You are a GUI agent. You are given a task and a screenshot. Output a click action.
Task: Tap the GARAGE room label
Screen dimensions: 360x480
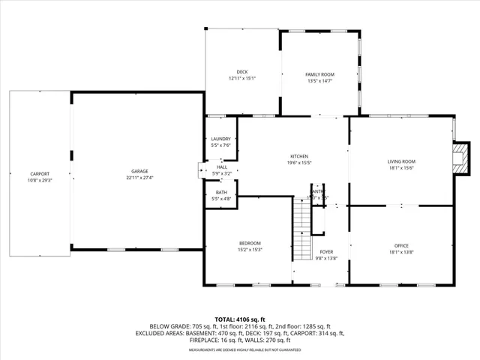139,172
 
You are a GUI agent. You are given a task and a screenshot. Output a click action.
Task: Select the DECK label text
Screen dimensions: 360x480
242,72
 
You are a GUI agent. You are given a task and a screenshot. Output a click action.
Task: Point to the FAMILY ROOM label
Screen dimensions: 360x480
319,74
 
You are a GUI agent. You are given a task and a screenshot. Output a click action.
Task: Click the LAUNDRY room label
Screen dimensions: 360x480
220,139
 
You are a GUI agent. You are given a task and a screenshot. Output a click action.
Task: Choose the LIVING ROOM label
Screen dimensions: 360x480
401,161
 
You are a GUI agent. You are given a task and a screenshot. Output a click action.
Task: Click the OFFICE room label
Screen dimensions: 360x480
401,246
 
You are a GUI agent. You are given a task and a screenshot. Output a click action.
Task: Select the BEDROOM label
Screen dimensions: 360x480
250,243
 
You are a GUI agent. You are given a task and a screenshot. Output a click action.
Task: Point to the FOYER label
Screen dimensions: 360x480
326,252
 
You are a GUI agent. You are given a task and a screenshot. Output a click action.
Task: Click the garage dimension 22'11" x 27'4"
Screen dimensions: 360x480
139,178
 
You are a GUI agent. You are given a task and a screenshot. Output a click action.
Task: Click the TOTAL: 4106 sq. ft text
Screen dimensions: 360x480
239,319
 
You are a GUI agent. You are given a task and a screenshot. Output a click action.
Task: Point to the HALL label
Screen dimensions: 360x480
222,167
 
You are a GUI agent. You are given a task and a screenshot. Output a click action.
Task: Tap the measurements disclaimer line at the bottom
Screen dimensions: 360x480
239,349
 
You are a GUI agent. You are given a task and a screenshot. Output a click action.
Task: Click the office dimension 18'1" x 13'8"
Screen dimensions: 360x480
401,253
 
